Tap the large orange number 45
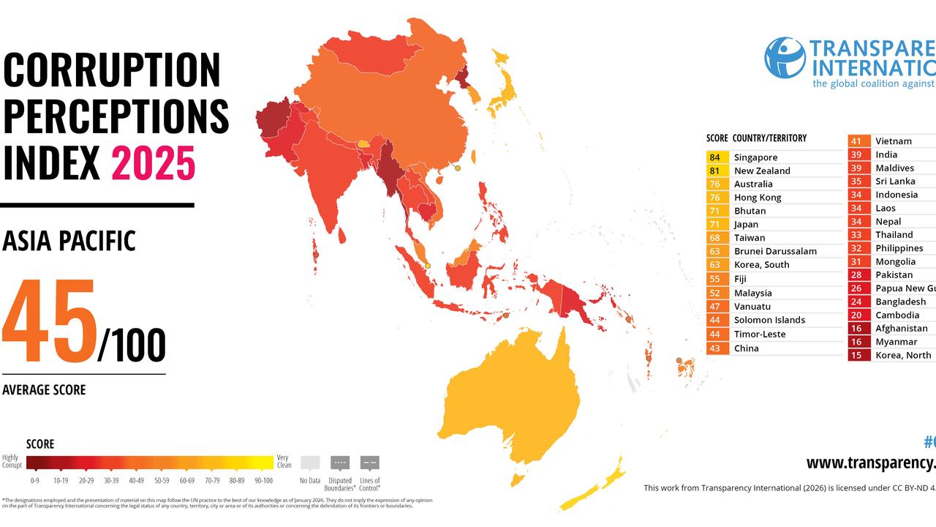pos(50,323)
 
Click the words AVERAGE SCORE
pos(44,390)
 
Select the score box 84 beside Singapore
pos(714,157)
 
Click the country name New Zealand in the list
pos(762,171)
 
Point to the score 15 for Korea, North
pos(856,355)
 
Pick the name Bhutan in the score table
pos(750,211)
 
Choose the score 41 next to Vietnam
pos(856,141)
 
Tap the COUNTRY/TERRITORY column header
pos(769,138)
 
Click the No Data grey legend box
pos(310,463)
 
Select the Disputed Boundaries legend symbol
pos(340,463)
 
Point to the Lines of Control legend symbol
pos(370,463)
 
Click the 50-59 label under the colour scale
pos(160,481)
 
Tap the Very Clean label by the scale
pos(284,461)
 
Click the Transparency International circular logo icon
pos(785,58)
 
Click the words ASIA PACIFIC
pos(69,241)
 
